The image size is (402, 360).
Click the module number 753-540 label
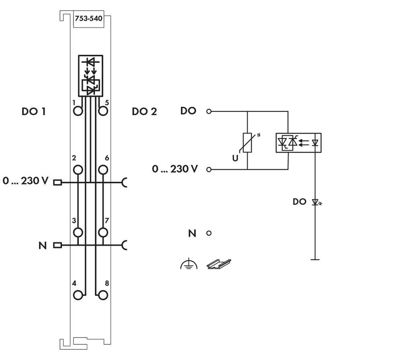click(x=88, y=18)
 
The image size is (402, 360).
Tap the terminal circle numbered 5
click(x=103, y=111)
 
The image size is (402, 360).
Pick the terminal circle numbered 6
click(x=103, y=170)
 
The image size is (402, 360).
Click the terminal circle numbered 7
click(x=103, y=232)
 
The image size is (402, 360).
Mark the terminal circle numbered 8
click(x=103, y=295)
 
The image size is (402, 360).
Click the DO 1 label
click(x=33, y=111)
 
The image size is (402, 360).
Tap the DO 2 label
click(x=144, y=111)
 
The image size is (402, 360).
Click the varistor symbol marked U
click(x=248, y=143)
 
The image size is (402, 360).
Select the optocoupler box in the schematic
click(x=298, y=142)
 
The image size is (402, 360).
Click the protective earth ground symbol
click(x=189, y=264)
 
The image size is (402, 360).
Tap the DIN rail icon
click(x=219, y=264)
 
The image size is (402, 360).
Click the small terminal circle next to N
click(x=209, y=233)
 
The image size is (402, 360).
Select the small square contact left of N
click(x=57, y=245)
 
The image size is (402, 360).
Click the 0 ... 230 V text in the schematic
click(x=175, y=169)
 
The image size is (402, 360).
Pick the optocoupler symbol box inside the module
click(x=90, y=76)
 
